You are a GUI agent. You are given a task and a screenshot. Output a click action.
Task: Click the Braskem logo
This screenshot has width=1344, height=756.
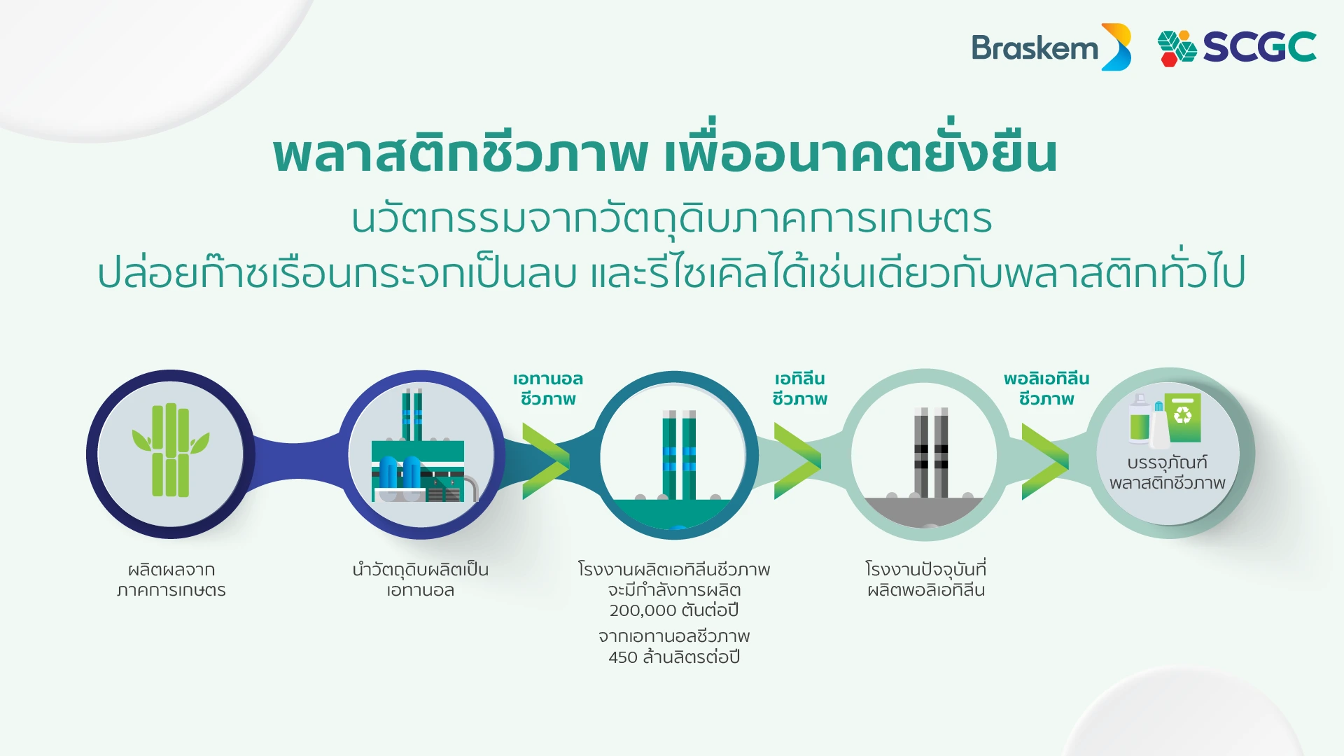click(x=1051, y=47)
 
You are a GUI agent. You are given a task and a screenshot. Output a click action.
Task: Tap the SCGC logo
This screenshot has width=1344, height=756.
click(x=1237, y=48)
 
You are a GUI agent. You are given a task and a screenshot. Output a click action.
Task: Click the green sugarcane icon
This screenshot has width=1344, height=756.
click(x=171, y=450)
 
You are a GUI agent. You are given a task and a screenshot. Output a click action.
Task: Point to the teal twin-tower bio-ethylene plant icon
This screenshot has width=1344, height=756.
click(x=678, y=455)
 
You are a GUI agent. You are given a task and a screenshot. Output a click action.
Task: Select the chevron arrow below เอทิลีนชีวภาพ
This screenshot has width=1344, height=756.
click(x=797, y=461)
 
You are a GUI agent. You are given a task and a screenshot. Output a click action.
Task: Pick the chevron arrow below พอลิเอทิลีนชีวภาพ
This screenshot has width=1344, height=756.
click(x=1045, y=461)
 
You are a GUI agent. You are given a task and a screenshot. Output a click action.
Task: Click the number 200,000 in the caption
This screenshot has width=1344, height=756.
click(x=643, y=610)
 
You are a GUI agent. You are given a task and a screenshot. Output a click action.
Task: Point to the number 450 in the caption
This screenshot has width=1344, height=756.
click(x=623, y=657)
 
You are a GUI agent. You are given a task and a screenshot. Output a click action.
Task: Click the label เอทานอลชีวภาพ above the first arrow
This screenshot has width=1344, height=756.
click(x=548, y=388)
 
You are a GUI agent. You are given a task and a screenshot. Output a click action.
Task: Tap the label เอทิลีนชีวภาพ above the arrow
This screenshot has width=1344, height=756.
click(x=799, y=388)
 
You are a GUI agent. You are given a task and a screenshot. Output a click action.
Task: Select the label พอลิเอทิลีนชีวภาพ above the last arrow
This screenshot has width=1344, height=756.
click(x=1046, y=388)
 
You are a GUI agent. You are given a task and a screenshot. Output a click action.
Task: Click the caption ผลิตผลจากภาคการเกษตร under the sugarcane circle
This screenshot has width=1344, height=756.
click(x=171, y=580)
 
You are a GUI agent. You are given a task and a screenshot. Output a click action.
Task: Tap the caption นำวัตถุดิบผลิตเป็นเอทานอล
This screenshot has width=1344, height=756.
click(x=421, y=580)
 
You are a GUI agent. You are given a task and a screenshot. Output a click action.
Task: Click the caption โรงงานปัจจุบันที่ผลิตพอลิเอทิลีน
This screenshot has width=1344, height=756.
click(x=926, y=580)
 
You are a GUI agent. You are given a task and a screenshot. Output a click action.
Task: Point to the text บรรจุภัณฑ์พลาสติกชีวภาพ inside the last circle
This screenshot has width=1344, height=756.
click(x=1168, y=472)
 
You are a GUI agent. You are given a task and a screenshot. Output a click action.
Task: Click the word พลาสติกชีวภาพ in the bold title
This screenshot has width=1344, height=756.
click(x=461, y=154)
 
